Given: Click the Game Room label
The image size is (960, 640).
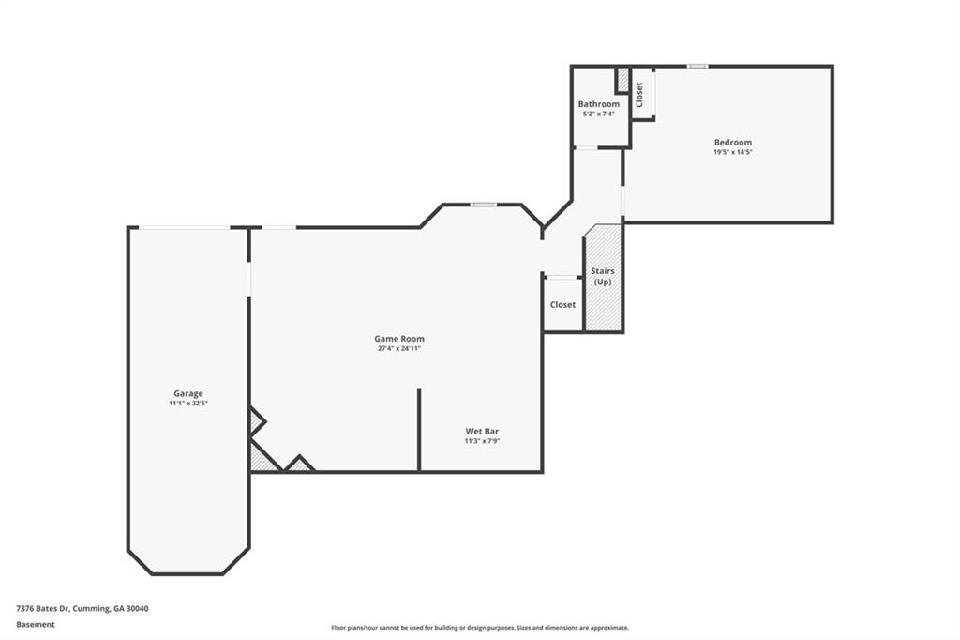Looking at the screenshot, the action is (399, 339).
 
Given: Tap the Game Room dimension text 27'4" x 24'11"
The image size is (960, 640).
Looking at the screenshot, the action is (399, 349).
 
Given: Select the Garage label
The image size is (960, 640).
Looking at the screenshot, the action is (187, 393).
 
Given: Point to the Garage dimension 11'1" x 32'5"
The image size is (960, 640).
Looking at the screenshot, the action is (188, 404).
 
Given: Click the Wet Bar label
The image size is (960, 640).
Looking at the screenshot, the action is (483, 431).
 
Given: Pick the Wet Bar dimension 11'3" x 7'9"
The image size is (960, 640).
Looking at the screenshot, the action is (483, 441).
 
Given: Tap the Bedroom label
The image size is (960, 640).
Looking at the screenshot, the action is (733, 143).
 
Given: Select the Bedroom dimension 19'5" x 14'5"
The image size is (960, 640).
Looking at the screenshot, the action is (733, 152).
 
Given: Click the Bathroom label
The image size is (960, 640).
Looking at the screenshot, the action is (599, 104).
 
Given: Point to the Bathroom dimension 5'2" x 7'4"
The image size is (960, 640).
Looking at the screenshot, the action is (599, 114).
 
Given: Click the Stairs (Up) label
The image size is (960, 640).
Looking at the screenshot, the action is (603, 277).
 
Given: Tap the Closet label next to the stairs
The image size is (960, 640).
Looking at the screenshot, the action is (562, 305).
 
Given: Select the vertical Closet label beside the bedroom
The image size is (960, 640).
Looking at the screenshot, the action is (639, 95).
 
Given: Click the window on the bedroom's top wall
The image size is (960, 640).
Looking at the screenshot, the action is (697, 67).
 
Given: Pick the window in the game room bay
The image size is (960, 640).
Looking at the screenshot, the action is (484, 205).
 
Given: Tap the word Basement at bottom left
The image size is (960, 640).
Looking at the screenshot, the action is (36, 625).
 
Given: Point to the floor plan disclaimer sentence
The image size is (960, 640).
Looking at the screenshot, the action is (480, 628).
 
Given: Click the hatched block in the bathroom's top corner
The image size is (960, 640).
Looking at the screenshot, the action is (622, 80).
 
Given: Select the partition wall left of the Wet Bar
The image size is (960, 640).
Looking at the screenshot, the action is (419, 429).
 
